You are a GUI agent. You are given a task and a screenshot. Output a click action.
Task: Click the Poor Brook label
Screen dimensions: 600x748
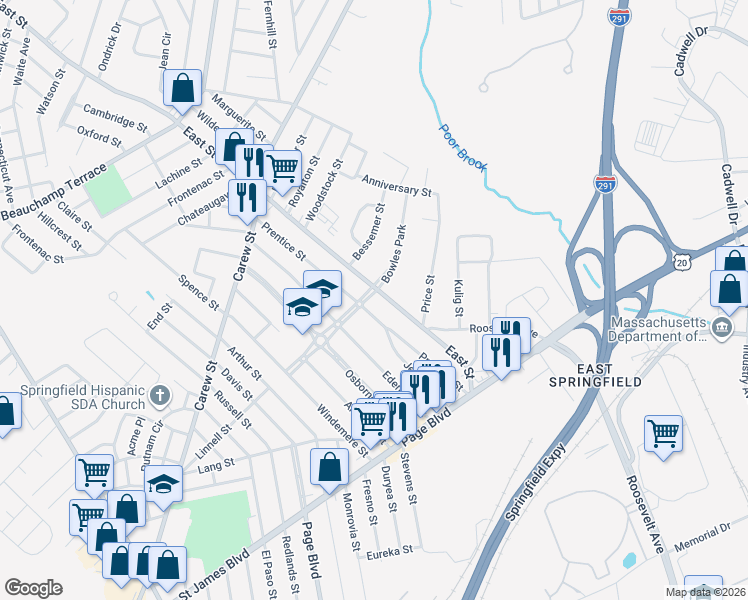[462, 147]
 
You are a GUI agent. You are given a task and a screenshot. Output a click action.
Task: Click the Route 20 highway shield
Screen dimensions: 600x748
[681, 261]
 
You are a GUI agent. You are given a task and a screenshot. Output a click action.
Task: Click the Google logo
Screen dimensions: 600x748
[33, 588]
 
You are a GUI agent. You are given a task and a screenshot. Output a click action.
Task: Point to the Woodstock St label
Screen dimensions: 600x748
[324, 184]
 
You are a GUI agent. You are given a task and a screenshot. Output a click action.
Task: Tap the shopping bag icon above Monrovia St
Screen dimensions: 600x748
[329, 465]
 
